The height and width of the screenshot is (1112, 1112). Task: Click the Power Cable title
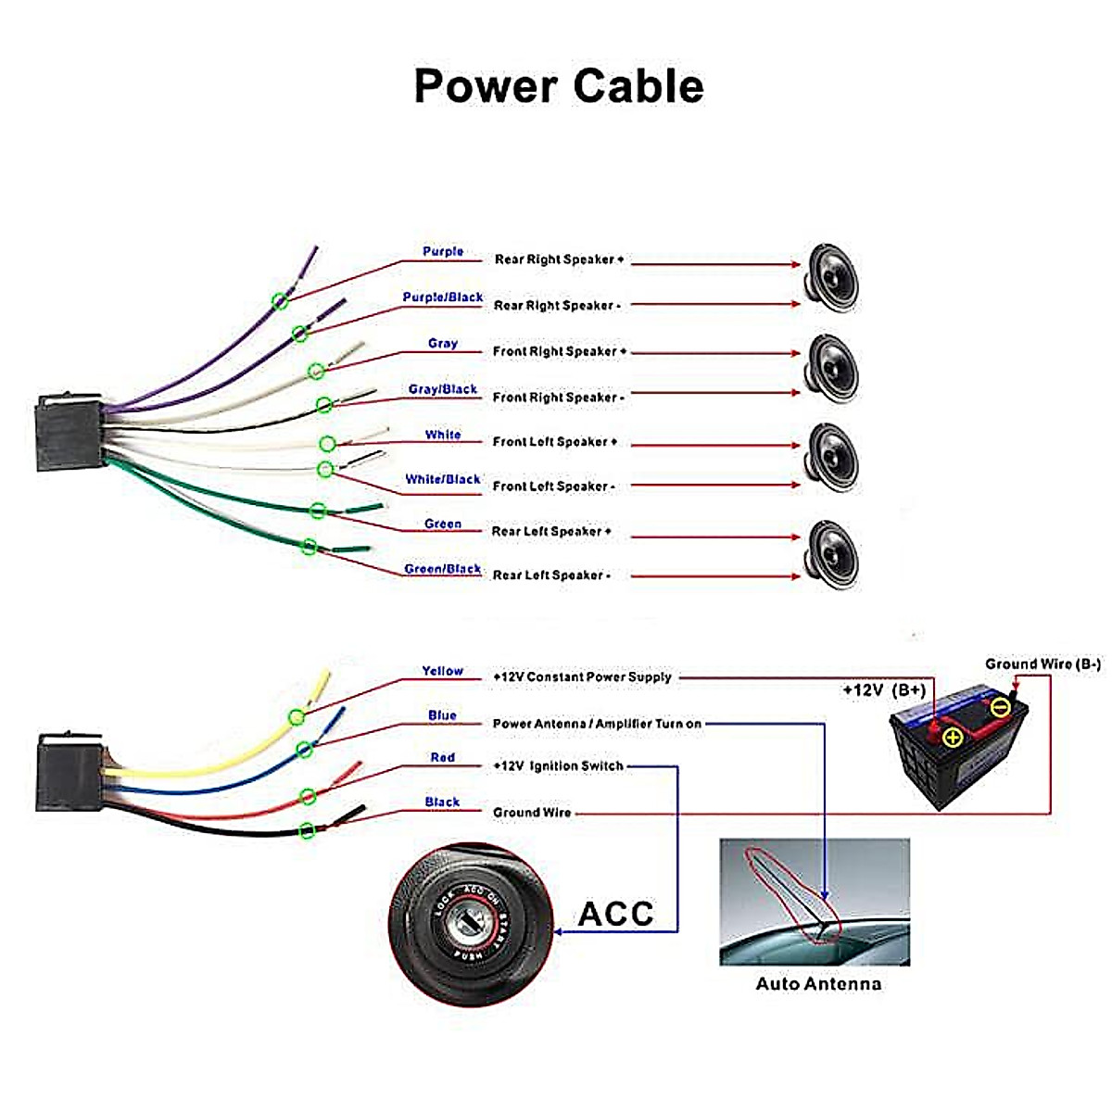(558, 85)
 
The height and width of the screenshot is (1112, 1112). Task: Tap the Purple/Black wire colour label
(443, 297)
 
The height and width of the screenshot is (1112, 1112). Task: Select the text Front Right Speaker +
(560, 351)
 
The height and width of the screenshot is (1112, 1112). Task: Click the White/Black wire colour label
(443, 479)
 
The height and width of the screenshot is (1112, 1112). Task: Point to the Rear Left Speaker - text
(551, 575)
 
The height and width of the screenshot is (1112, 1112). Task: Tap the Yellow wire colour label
(443, 671)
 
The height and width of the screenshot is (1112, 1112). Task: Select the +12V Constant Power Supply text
(582, 677)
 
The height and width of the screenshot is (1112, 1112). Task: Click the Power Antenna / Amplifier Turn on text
(597, 724)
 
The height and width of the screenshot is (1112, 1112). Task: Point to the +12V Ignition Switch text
(558, 766)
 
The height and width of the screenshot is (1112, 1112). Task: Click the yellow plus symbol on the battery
(953, 738)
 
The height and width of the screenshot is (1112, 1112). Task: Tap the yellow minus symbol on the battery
(1000, 709)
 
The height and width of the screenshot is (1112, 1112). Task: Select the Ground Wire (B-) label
(1042, 664)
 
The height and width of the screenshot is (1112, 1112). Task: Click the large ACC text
(616, 914)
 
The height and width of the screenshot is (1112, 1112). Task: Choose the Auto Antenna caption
(818, 984)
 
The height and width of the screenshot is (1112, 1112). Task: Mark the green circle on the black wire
(308, 830)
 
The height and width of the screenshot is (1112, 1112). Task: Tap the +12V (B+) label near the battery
(883, 690)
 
